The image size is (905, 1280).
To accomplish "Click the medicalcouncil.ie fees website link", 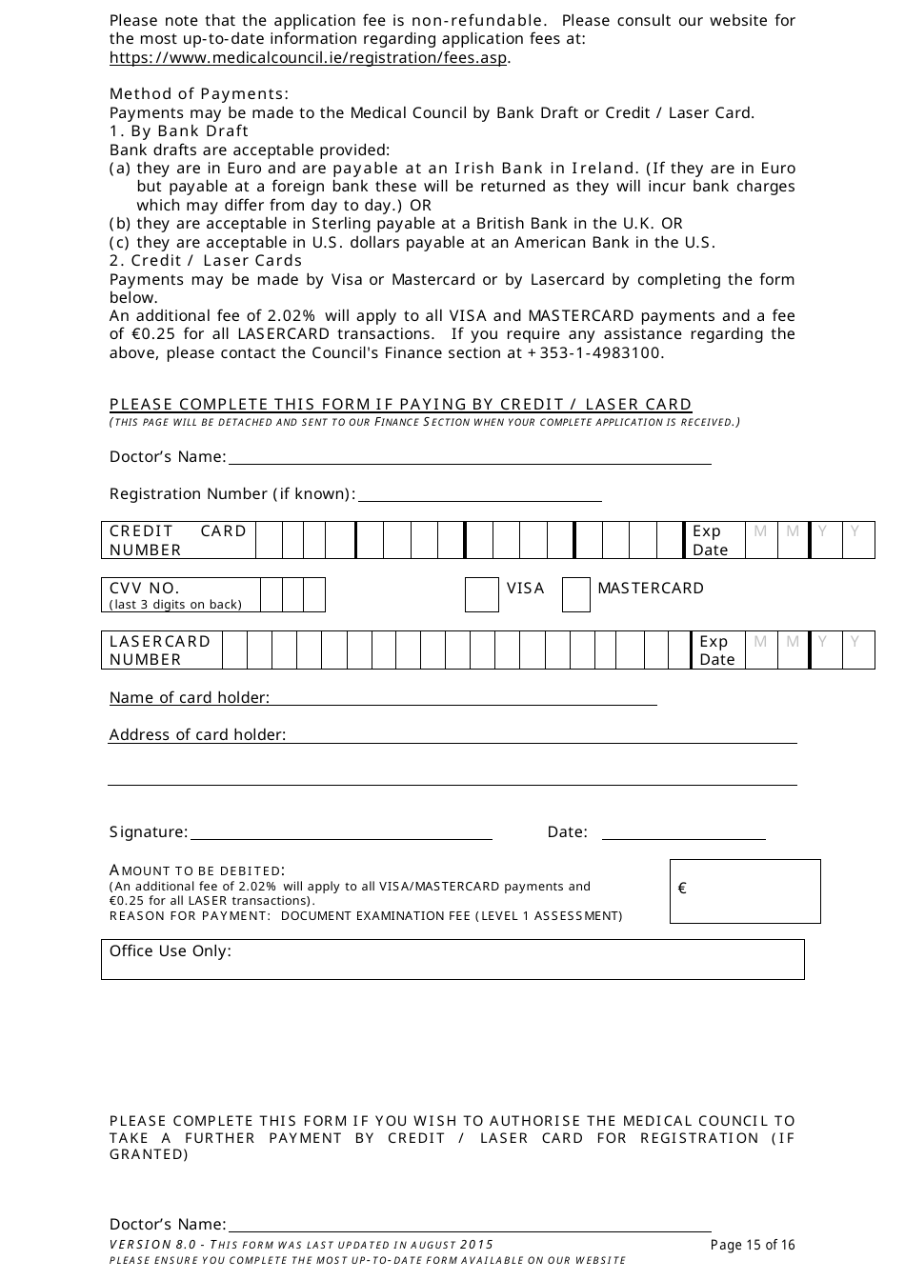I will tap(310, 58).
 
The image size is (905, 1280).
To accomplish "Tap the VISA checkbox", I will tap(481, 595).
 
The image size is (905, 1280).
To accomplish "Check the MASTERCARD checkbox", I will tap(575, 595).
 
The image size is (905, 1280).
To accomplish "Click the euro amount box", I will tap(745, 891).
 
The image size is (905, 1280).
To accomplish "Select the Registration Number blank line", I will tap(479, 493).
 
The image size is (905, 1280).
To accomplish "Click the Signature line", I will tap(341, 832).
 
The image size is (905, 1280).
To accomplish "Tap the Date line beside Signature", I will tap(683, 832).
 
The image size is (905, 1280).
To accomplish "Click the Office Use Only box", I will tap(452, 959).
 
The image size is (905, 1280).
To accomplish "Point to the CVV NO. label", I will tap(145, 589).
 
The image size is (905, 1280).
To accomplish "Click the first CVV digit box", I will tap(271, 595).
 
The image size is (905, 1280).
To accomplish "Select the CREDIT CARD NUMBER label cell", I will tap(178, 540).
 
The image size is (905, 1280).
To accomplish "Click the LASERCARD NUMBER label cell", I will tap(161, 650).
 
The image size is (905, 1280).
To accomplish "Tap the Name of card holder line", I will tap(463, 698).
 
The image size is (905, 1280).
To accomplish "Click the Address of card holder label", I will tap(197, 735).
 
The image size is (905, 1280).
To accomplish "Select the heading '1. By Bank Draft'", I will tap(179, 131).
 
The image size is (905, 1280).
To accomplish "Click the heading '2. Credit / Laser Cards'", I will tap(206, 261).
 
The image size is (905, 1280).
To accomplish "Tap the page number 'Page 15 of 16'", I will tap(752, 1245).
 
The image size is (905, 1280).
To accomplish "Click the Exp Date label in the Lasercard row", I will tap(716, 650).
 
